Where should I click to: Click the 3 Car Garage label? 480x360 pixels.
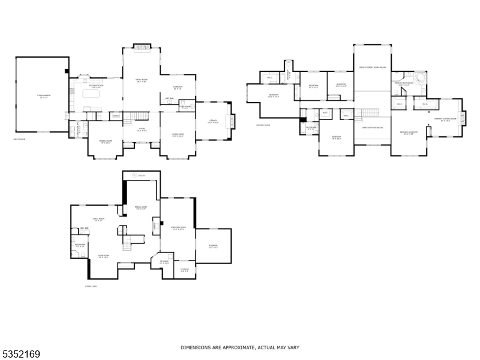pos(41,95)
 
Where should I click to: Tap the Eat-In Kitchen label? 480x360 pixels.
pos(96,86)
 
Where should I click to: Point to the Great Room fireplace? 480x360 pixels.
pos(142,47)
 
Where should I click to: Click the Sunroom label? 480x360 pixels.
pos(177,87)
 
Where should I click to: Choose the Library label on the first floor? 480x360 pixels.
pos(212,122)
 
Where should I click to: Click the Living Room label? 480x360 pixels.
pos(177,135)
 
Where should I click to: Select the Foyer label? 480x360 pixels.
pos(142,129)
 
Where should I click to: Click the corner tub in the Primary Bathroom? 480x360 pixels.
pos(421,79)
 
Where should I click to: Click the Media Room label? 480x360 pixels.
pos(141,208)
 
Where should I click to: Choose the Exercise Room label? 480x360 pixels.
pos(177,228)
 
